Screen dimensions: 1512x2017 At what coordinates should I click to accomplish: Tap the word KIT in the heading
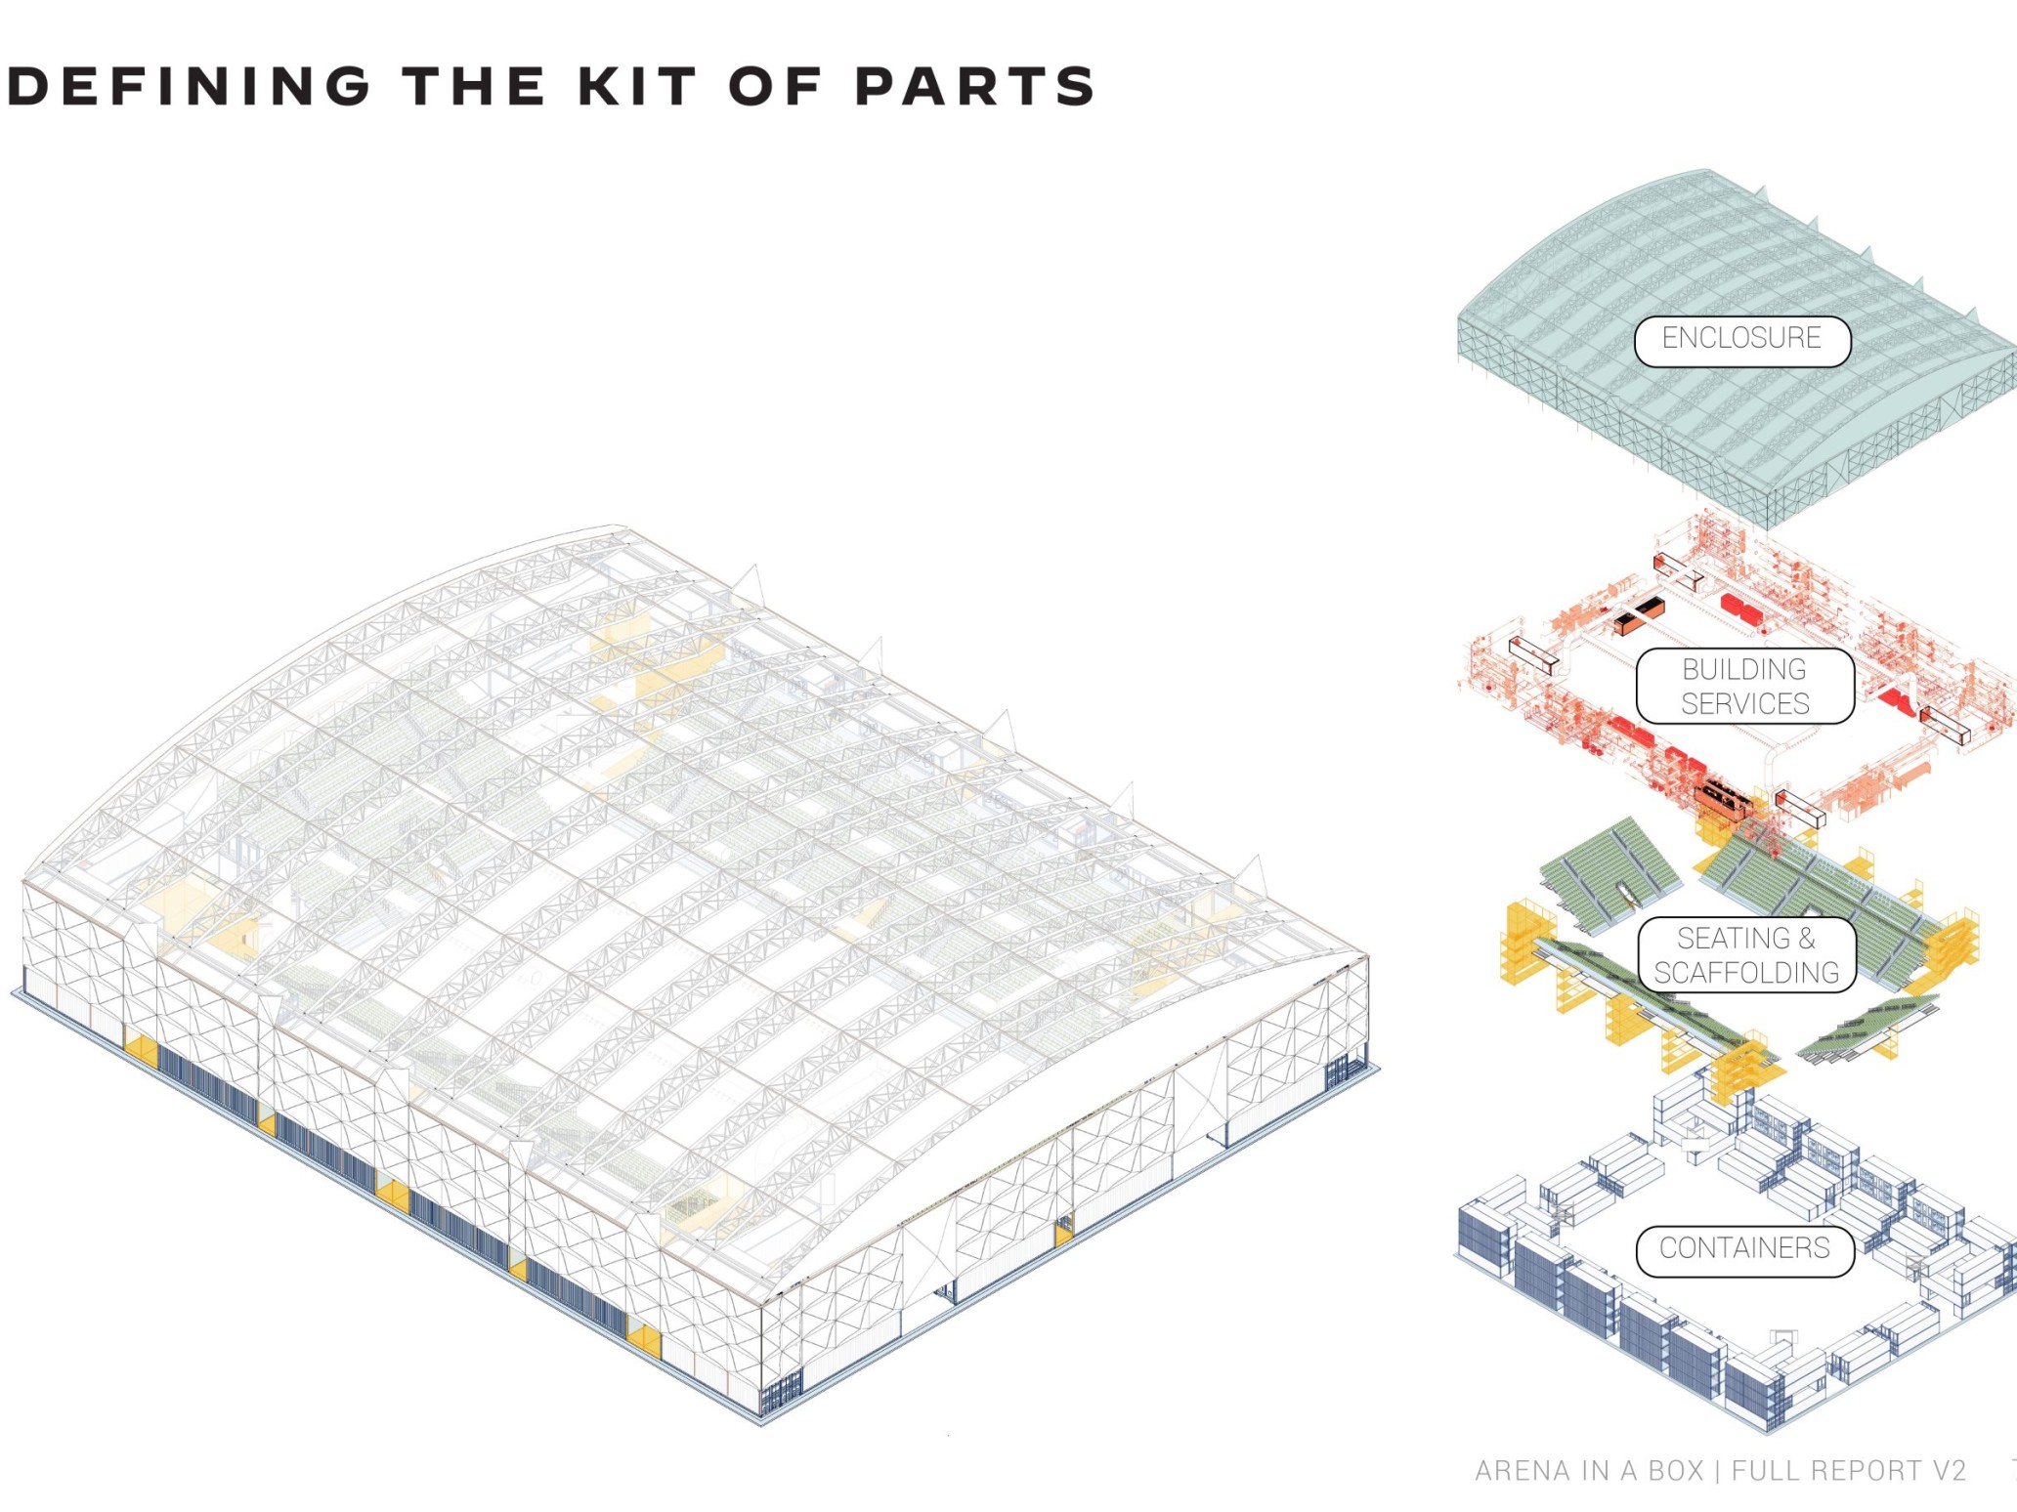point(637,86)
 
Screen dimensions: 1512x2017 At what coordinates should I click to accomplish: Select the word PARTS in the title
point(975,86)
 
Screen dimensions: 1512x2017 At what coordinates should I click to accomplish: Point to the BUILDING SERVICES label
point(1745,686)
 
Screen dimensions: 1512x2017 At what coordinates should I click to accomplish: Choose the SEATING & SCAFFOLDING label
point(1746,954)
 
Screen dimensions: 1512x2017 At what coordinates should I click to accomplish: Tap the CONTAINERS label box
point(1744,1250)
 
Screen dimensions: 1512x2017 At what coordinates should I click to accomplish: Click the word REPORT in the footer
point(1862,1470)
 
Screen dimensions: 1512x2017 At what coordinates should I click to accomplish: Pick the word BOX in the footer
point(1676,1470)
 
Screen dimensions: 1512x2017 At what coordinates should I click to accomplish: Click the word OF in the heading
point(776,86)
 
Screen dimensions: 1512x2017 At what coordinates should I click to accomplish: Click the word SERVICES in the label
point(1745,703)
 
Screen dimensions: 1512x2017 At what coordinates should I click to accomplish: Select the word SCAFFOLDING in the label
point(1746,972)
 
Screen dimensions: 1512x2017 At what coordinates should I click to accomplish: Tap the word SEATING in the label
point(1734,938)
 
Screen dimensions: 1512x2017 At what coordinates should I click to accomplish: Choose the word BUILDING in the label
point(1744,669)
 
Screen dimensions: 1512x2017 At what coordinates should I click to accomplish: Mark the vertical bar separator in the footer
point(1717,1470)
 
